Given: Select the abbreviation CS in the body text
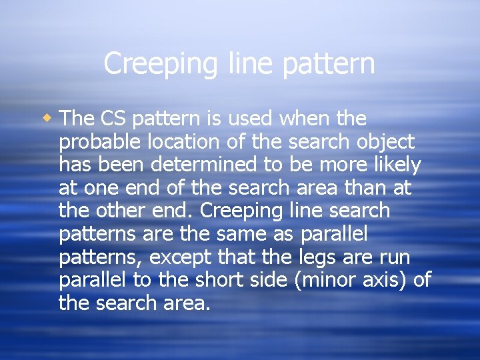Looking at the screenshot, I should coord(112,119).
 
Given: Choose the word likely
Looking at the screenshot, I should coord(394,165).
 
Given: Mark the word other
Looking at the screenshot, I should coord(113,211).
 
